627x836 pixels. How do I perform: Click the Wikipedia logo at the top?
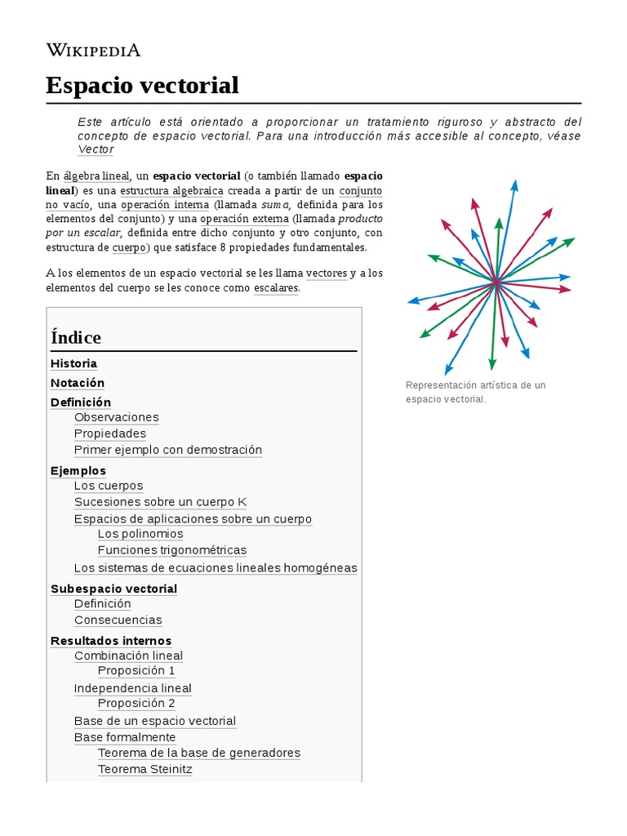point(93,50)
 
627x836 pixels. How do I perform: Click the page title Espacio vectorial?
point(142,85)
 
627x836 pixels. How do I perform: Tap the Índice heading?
point(76,337)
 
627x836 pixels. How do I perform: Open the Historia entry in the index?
point(73,363)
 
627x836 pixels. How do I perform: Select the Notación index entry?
point(78,383)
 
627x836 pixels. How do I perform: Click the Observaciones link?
point(116,417)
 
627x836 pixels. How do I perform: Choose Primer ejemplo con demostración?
point(168,450)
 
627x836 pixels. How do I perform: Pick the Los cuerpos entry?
point(109,486)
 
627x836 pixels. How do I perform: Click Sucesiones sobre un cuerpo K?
point(160,502)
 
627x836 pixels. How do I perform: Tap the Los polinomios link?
point(140,534)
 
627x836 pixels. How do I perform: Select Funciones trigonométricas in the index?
point(171,550)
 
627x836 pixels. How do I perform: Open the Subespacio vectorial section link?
point(113,589)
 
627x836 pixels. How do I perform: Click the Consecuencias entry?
point(118,620)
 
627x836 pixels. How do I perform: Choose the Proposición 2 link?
point(136,703)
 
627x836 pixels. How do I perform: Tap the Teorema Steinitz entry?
point(145,769)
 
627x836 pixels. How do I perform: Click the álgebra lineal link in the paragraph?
point(96,176)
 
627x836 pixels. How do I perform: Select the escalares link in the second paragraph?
point(276,288)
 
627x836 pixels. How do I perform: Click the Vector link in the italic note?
point(96,149)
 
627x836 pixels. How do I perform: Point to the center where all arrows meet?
point(495,282)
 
